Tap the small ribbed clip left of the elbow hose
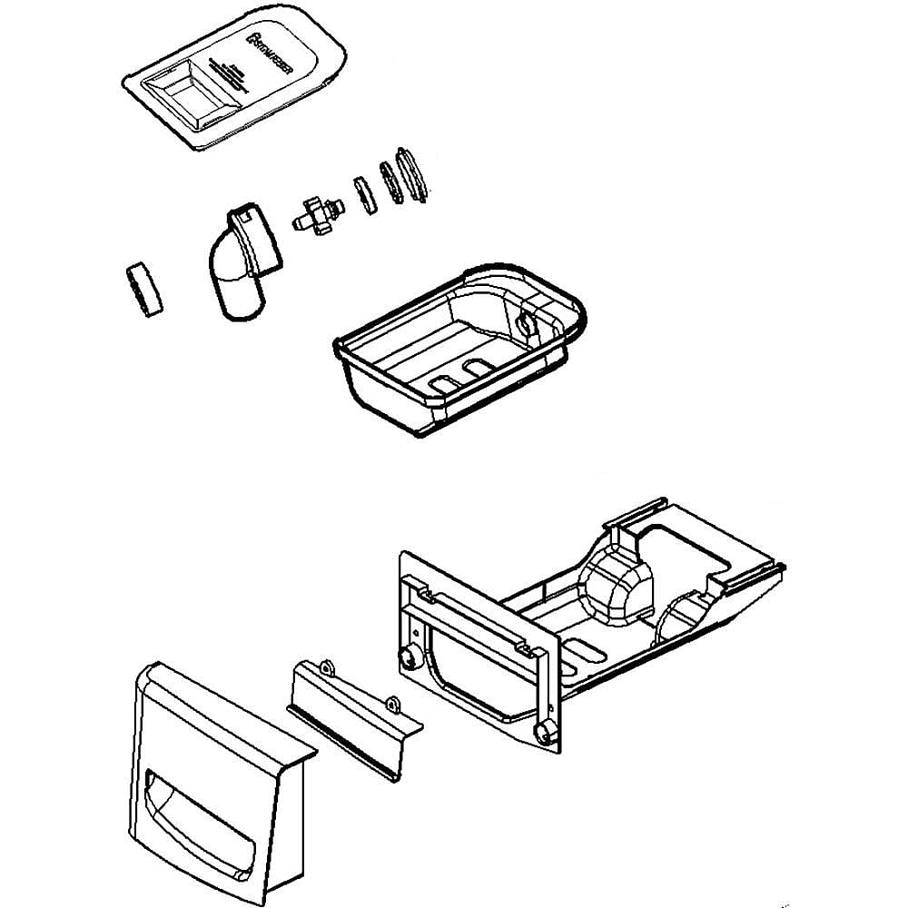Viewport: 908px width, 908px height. coord(143,290)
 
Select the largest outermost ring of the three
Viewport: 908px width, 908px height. coord(414,173)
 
